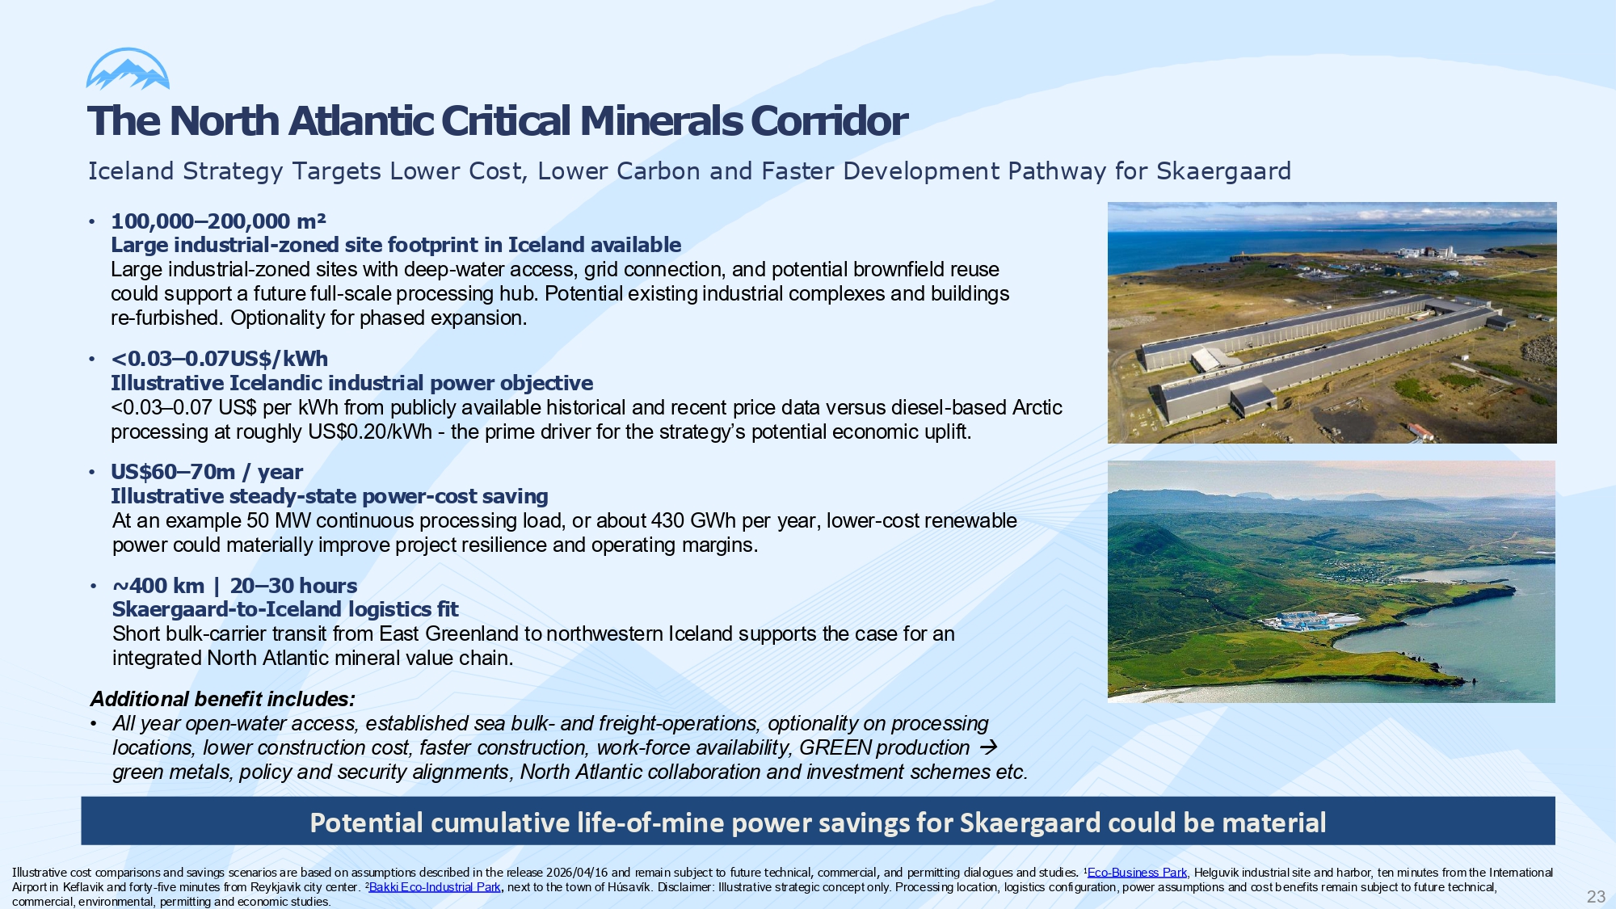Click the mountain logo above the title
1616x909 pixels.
[128, 69]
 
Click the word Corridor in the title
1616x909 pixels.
[829, 121]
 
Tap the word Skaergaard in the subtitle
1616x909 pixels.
[1223, 171]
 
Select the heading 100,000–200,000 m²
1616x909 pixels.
[218, 221]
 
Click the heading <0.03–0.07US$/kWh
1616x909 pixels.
[219, 359]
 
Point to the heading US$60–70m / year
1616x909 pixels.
[207, 472]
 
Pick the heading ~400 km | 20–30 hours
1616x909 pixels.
[234, 586]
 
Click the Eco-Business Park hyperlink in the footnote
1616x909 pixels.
[1137, 873]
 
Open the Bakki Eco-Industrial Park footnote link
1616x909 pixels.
[435, 887]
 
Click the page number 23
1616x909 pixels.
[1596, 896]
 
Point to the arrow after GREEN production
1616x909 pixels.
[987, 747]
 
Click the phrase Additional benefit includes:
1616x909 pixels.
[222, 699]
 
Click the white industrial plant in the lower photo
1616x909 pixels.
[1310, 621]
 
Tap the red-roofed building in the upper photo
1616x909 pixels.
[1420, 431]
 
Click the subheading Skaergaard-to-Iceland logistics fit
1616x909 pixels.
[285, 609]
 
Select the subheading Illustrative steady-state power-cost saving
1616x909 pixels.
[329, 496]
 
